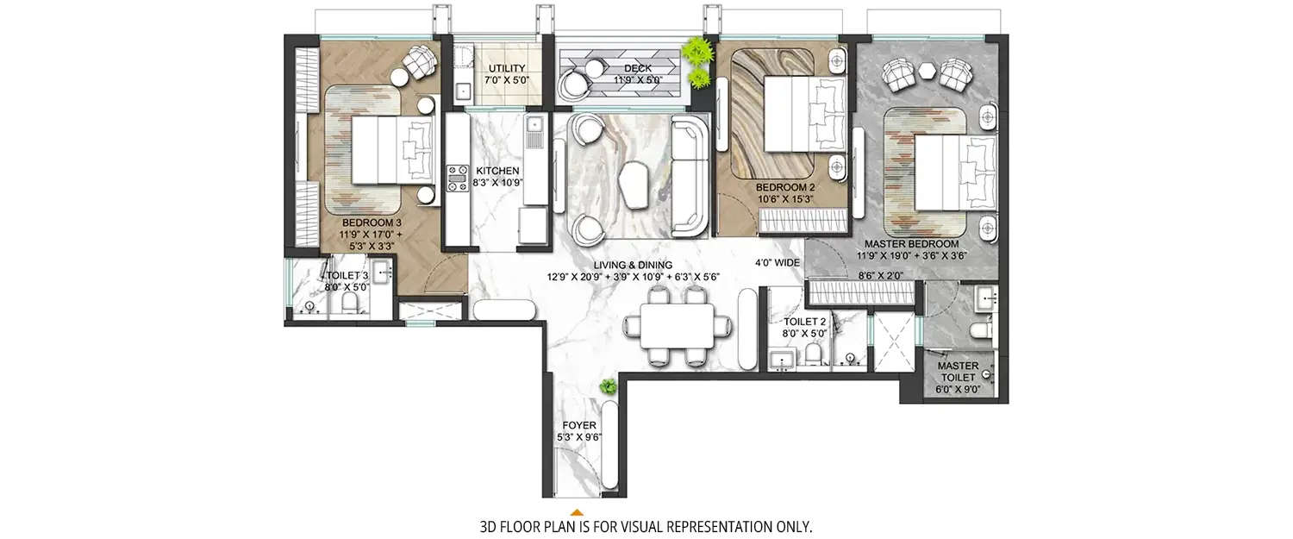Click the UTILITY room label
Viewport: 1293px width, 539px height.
[x=507, y=68]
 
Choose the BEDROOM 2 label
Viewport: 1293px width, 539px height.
[x=785, y=187]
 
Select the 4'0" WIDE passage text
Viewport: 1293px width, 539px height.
[x=778, y=262]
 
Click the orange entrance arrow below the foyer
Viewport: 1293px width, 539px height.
[x=577, y=512]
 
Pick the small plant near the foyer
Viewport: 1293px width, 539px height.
[x=609, y=387]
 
